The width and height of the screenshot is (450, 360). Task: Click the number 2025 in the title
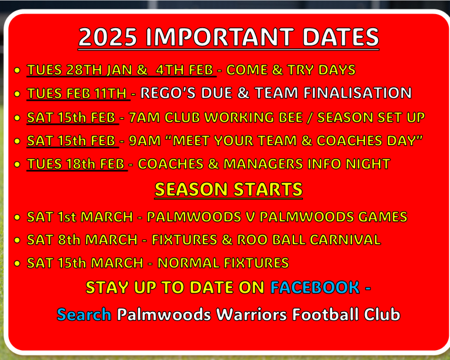108,37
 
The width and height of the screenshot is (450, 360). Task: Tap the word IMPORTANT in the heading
220,37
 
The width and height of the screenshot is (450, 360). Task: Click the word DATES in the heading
340,37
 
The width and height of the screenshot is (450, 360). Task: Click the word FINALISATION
357,93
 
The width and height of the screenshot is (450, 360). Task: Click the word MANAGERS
263,164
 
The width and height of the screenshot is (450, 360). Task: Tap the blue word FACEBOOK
315,287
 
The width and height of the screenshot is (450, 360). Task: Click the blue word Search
84,314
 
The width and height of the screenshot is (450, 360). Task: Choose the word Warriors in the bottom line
252,314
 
